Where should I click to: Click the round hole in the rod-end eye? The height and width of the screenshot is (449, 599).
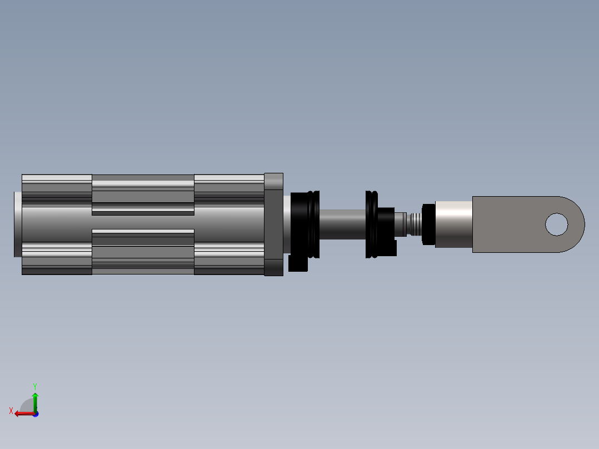coord(557,225)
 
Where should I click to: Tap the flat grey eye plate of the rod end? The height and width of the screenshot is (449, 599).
coord(512,225)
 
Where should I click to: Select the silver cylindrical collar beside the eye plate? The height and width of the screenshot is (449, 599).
coord(454,225)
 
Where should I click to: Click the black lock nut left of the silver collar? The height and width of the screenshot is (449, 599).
coord(428,225)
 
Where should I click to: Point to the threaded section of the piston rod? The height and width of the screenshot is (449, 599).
coord(416,225)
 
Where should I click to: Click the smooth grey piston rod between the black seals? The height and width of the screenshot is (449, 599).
coord(342,225)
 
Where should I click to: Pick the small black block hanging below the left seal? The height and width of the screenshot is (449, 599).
coord(298,263)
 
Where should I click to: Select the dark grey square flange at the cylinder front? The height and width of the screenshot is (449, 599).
coord(273,225)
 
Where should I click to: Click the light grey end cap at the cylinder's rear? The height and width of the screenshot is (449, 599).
coord(18,225)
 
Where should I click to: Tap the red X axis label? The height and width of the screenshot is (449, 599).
coord(11,411)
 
